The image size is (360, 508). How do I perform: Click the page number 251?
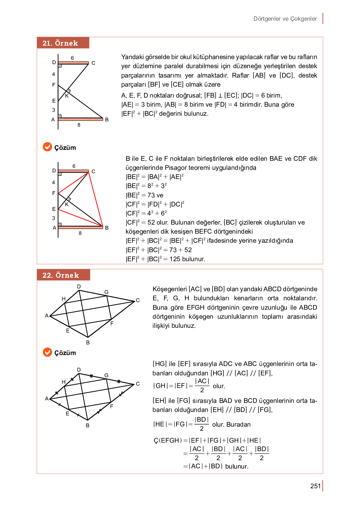coord(315,486)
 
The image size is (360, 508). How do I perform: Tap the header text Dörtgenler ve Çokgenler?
coord(285,19)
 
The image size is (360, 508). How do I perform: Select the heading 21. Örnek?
coord(60,43)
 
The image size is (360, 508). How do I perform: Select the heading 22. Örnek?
coord(61,275)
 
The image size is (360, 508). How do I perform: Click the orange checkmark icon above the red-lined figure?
coord(47,147)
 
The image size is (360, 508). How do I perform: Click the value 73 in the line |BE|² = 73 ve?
coord(151,195)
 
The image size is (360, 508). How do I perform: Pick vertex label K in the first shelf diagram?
coord(67,96)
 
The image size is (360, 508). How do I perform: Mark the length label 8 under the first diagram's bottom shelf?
coord(79,125)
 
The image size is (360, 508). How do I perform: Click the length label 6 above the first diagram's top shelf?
coord(72,58)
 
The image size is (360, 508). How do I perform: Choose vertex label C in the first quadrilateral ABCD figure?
coord(138,300)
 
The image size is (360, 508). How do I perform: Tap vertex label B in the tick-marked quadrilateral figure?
coord(87,425)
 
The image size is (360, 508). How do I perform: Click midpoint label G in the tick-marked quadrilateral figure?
coord(107,375)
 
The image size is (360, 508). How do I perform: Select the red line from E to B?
coord(80,218)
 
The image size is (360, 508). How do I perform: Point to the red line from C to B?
coord(96,199)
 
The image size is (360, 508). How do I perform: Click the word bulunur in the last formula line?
coord(237,466)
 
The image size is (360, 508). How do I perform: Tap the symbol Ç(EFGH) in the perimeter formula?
coord(168,440)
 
